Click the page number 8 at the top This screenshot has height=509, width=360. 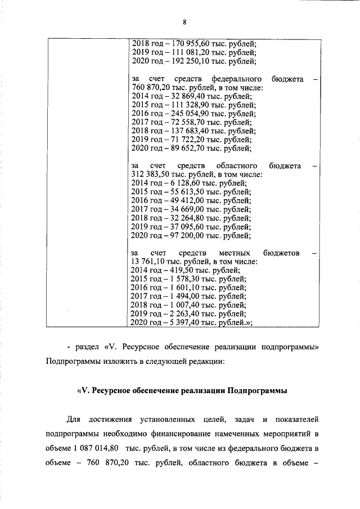point(183,22)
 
